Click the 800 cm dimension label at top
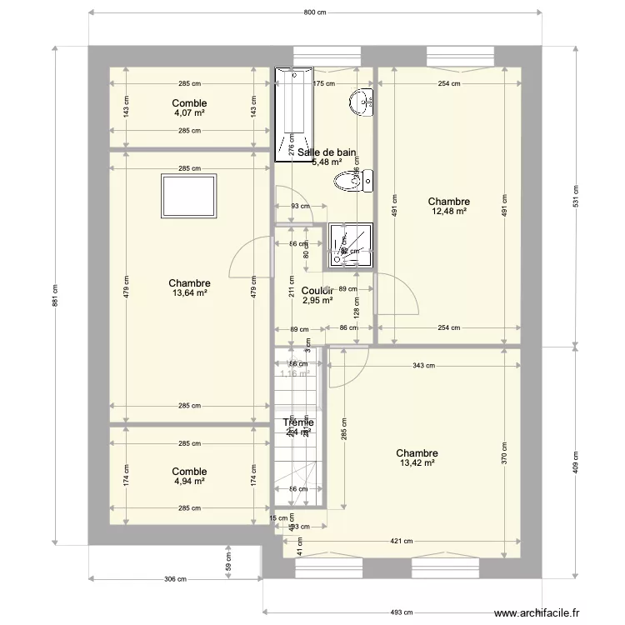pos(313,12)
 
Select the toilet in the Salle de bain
pos(351,181)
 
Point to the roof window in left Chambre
pos(189,197)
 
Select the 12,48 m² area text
pos(448,212)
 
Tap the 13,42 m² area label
pos(417,463)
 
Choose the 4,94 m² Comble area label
pos(189,481)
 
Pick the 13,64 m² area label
pos(189,293)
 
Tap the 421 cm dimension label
pos(402,541)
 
